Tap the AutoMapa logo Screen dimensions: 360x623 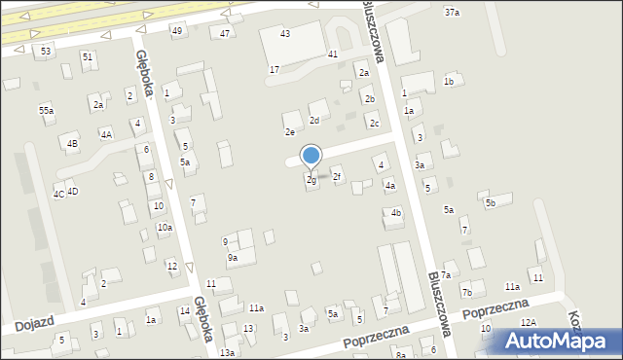[x=555, y=342]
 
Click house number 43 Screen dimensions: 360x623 [x=285, y=34]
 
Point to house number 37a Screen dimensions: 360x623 [x=452, y=12]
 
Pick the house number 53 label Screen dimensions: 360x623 [x=46, y=50]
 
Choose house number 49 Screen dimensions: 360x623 [x=176, y=31]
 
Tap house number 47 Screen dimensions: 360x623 [x=225, y=34]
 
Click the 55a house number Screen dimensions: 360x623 [x=46, y=111]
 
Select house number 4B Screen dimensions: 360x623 [x=72, y=144]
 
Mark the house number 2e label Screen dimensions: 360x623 [x=289, y=132]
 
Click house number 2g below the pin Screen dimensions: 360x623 [x=311, y=180]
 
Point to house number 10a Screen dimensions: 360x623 [x=165, y=228]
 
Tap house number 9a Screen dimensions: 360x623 [x=233, y=258]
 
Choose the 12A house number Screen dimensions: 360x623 [x=528, y=322]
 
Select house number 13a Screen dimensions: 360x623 [x=227, y=352]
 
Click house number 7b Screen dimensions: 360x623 [x=467, y=292]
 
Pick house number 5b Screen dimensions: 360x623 [x=492, y=202]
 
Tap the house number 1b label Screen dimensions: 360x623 [x=449, y=82]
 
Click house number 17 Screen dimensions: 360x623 [x=275, y=70]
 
